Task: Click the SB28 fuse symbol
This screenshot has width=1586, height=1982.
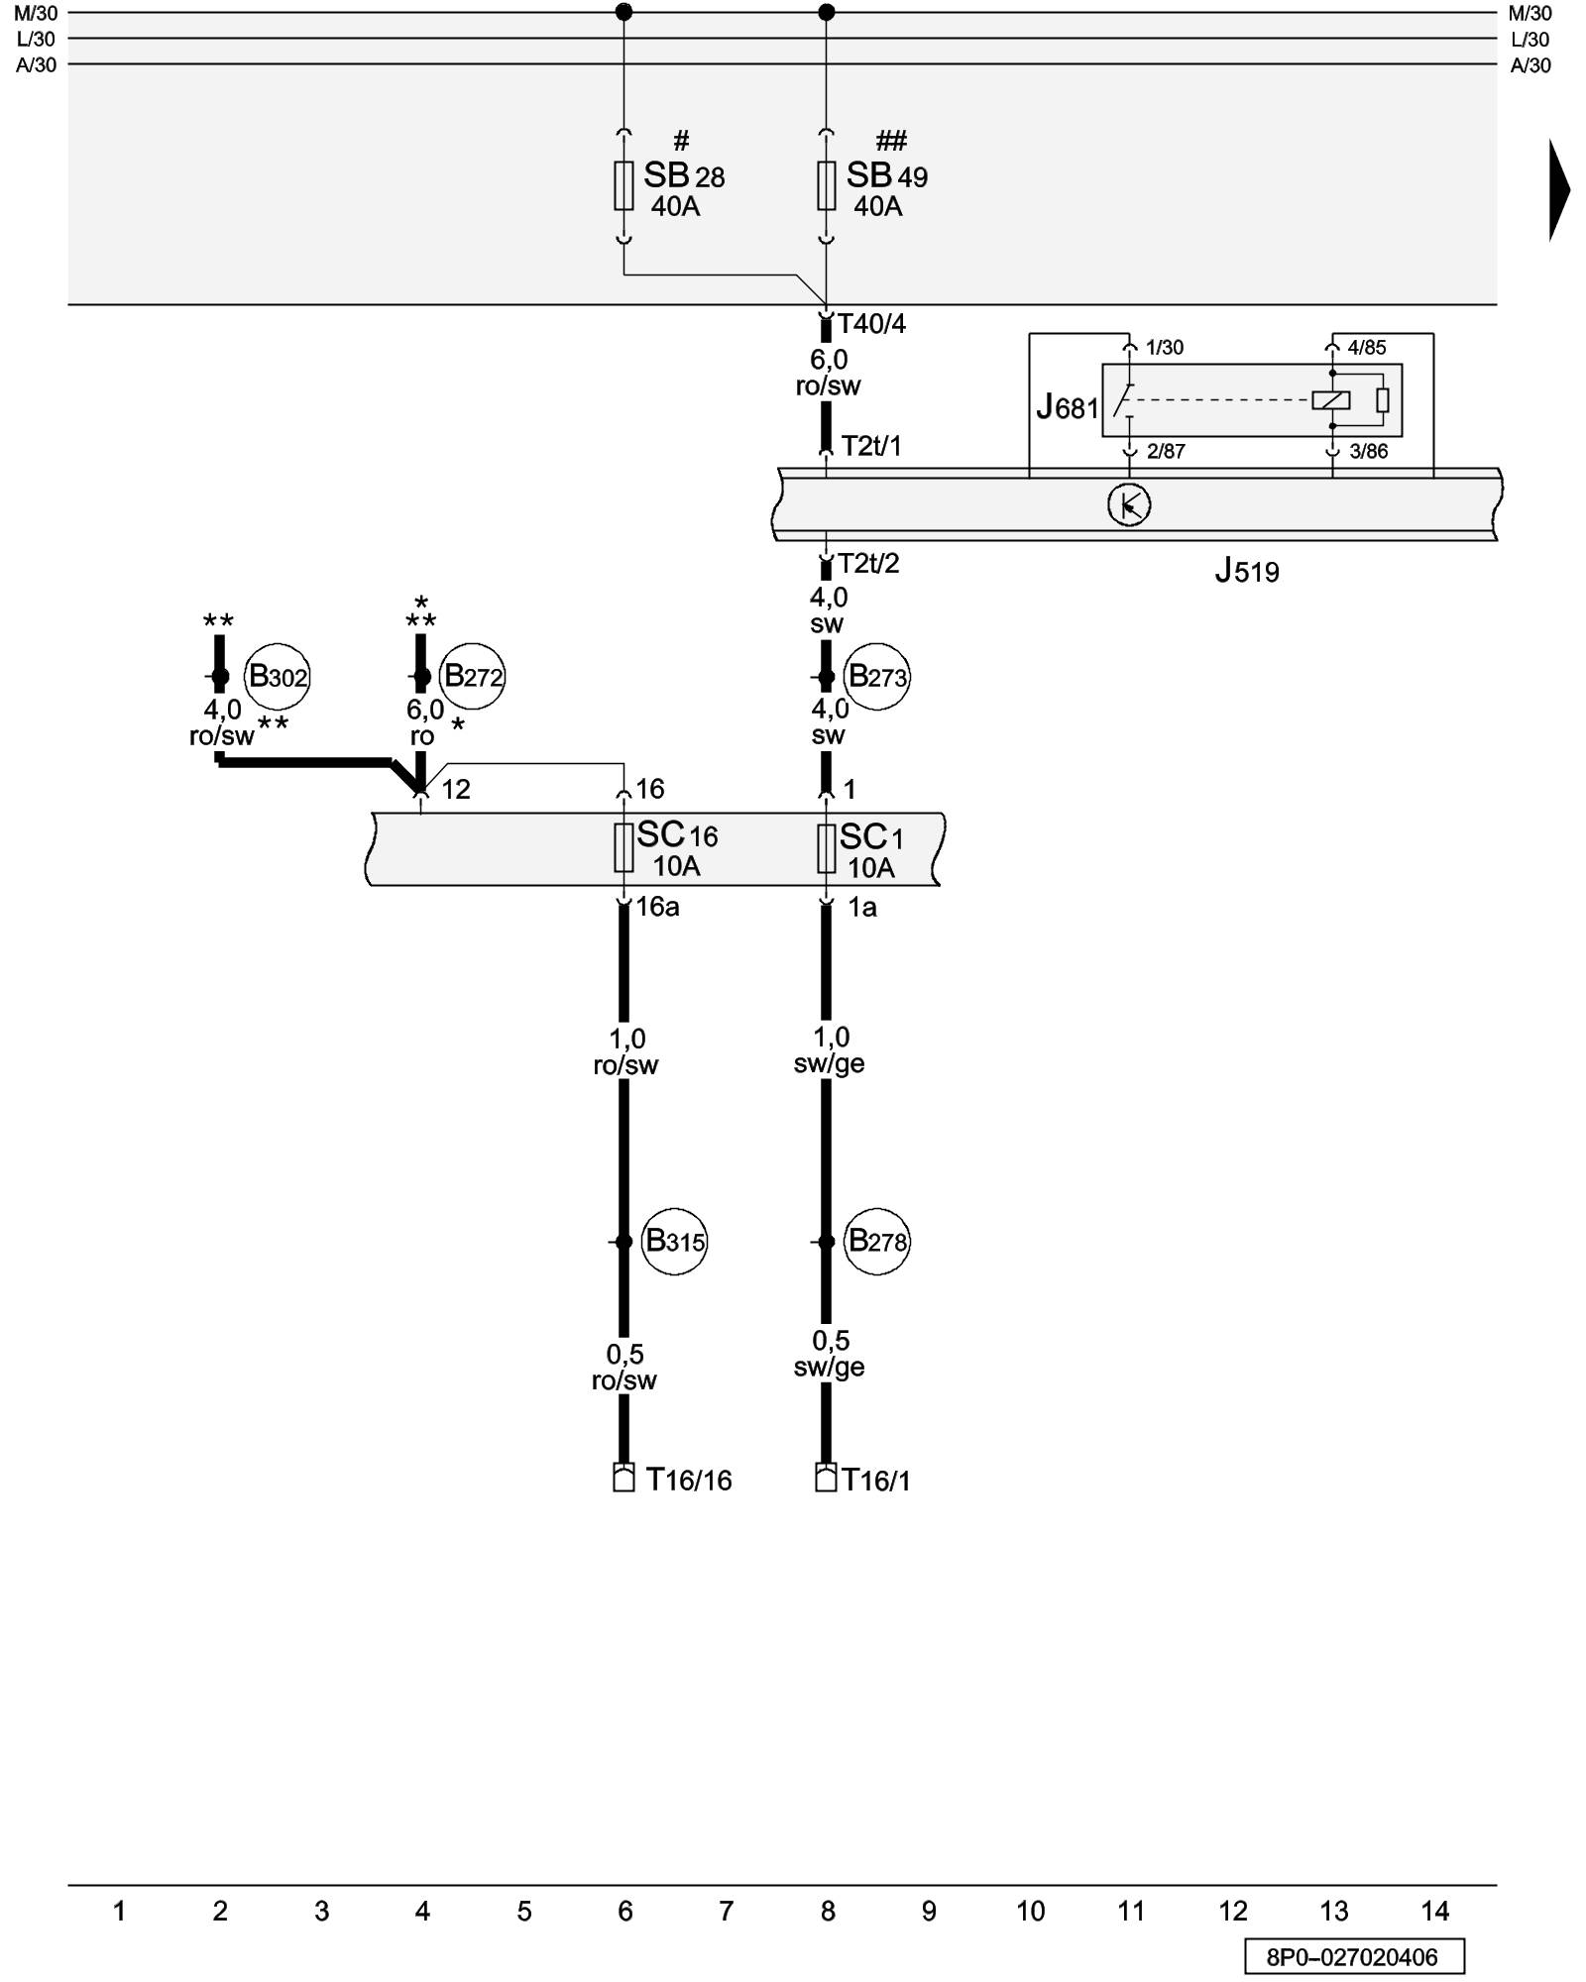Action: click(x=623, y=185)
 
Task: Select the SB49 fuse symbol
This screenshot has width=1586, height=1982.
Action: click(x=826, y=185)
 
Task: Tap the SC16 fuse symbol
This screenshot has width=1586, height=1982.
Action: click(x=623, y=848)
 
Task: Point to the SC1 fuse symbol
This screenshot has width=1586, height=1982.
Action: click(x=826, y=849)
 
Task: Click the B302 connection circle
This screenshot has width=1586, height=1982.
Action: click(x=278, y=677)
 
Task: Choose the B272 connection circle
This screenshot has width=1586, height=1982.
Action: click(x=472, y=677)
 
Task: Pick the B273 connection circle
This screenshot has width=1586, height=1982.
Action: click(x=876, y=678)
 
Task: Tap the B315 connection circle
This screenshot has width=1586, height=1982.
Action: click(x=674, y=1241)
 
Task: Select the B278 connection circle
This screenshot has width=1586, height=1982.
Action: click(x=876, y=1241)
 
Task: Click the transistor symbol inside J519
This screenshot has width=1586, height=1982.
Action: click(x=1128, y=505)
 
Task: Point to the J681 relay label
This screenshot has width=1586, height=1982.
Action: click(x=1068, y=407)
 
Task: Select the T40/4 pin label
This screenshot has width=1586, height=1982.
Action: click(x=871, y=324)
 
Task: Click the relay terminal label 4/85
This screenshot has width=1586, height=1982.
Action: click(x=1367, y=348)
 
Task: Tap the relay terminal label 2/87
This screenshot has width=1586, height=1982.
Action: click(x=1166, y=452)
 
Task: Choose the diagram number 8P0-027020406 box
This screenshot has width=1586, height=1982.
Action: click(x=1353, y=1957)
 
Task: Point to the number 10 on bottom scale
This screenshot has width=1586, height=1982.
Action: click(x=1030, y=1912)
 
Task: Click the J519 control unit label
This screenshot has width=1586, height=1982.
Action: click(x=1247, y=571)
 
